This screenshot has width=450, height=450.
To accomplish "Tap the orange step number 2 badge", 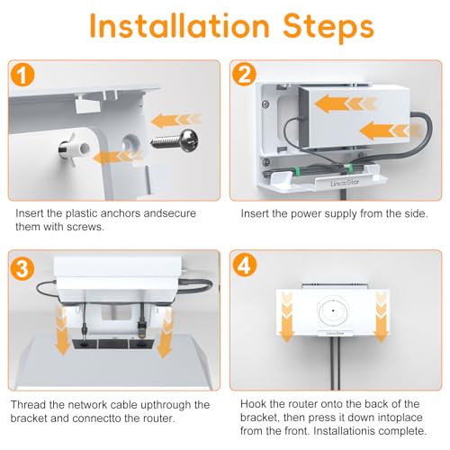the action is click(x=244, y=74).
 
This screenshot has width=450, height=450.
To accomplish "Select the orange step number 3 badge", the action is click(x=22, y=268).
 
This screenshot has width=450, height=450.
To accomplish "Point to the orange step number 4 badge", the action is click(x=245, y=265).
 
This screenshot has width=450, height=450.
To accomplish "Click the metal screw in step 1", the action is click(x=175, y=140).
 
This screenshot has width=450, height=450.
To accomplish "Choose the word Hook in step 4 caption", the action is click(x=253, y=404).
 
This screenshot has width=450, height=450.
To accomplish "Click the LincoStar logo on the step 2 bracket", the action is click(x=345, y=182).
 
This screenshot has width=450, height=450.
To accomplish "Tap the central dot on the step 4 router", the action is click(x=333, y=310).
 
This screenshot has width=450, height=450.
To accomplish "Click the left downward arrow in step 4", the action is click(x=287, y=318).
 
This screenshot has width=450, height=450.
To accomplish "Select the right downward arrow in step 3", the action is click(x=165, y=334).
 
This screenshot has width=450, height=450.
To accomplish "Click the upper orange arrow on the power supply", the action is click(x=345, y=103).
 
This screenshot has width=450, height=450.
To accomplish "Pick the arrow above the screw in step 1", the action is click(x=175, y=121).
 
